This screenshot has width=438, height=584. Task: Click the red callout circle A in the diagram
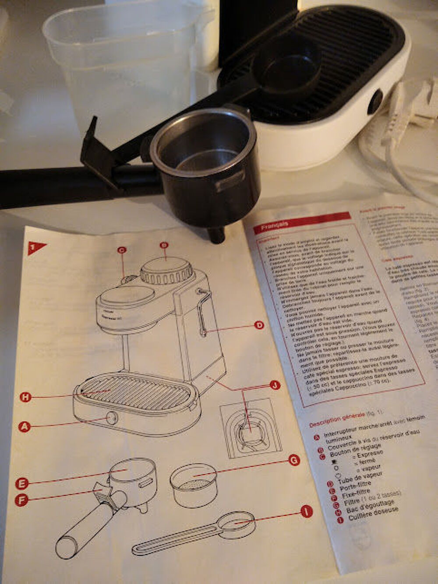tap(25, 426)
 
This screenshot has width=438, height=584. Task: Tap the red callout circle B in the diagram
tap(164, 245)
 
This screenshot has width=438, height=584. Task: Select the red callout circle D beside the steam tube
tap(259, 325)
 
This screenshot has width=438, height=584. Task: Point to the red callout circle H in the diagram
tap(26, 397)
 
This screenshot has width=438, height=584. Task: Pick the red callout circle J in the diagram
tap(275, 385)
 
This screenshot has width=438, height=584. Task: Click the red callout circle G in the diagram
tap(294, 460)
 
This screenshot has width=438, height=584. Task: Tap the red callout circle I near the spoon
tap(307, 511)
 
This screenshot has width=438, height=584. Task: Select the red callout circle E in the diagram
tap(21, 483)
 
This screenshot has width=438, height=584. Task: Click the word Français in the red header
tap(275, 225)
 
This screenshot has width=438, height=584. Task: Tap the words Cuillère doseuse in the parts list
tap(374, 514)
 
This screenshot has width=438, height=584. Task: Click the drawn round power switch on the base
tap(112, 418)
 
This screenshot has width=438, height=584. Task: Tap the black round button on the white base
tap(375, 102)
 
